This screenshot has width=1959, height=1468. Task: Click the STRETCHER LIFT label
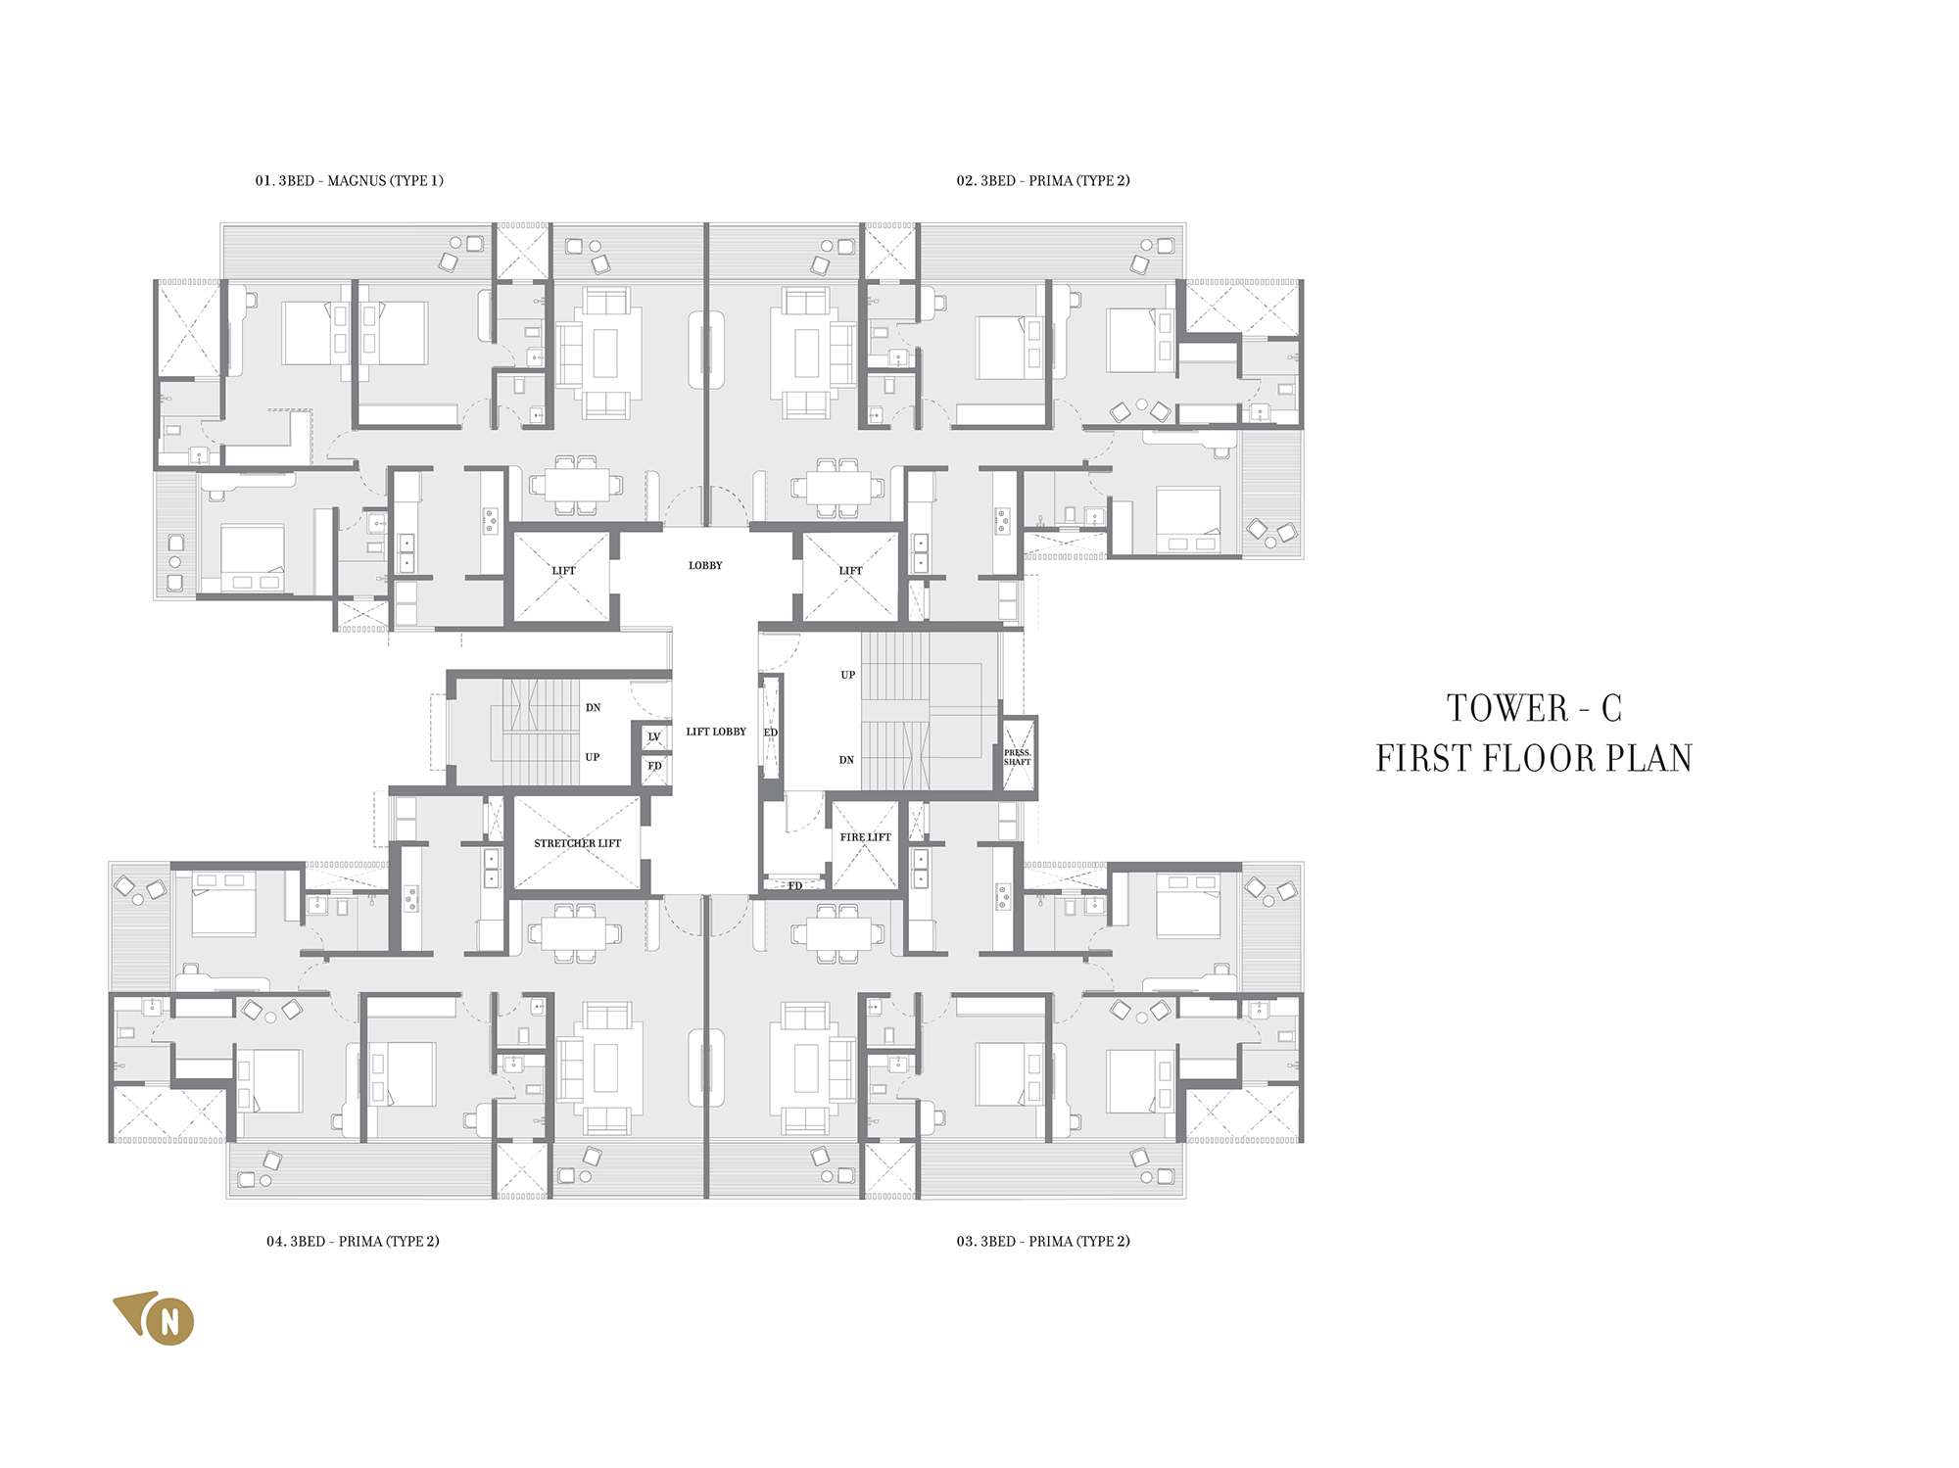577,843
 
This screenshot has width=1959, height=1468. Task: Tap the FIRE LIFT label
865,837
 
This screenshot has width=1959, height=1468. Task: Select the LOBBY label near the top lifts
705,565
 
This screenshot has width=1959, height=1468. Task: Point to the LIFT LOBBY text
716,732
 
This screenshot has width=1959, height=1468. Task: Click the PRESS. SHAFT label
1018,757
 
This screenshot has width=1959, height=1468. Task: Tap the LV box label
654,736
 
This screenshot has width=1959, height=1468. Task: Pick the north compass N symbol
169,1322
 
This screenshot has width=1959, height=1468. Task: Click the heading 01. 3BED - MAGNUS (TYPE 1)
349,180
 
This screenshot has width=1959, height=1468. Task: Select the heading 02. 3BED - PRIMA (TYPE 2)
1043,180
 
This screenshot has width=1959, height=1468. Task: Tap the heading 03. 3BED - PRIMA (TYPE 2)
1043,1241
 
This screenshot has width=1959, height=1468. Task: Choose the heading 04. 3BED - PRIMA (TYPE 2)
353,1241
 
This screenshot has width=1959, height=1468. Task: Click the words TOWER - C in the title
1534,708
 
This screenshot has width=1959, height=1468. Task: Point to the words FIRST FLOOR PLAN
1534,758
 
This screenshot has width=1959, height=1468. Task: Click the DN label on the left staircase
593,707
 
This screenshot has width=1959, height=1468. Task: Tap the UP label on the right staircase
847,675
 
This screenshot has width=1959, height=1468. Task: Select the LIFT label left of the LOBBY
563,571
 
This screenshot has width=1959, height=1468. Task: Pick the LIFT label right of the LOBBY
850,571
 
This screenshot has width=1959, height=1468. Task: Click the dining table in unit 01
576,485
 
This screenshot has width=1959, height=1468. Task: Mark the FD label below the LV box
654,766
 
